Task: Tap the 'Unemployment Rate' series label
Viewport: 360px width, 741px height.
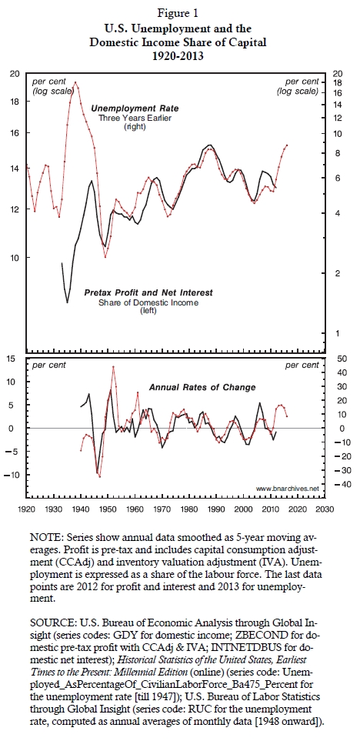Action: (x=135, y=108)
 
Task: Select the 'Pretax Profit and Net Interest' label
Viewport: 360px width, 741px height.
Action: (x=148, y=293)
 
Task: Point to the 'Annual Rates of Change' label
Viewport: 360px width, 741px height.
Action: (x=202, y=388)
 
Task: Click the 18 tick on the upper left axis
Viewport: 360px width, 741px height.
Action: (x=15, y=102)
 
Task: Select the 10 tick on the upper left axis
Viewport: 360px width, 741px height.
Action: (x=15, y=258)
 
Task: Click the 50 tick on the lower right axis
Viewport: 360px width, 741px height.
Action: (x=342, y=359)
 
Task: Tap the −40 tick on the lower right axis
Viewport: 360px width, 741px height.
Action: (x=341, y=484)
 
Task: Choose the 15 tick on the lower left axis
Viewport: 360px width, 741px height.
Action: (x=15, y=359)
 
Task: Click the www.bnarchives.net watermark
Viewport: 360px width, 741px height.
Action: (x=287, y=488)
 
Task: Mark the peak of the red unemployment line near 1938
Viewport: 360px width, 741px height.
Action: (x=75, y=82)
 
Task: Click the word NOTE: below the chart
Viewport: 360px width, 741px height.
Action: (x=47, y=538)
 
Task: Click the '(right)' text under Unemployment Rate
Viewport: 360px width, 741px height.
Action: (x=135, y=127)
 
